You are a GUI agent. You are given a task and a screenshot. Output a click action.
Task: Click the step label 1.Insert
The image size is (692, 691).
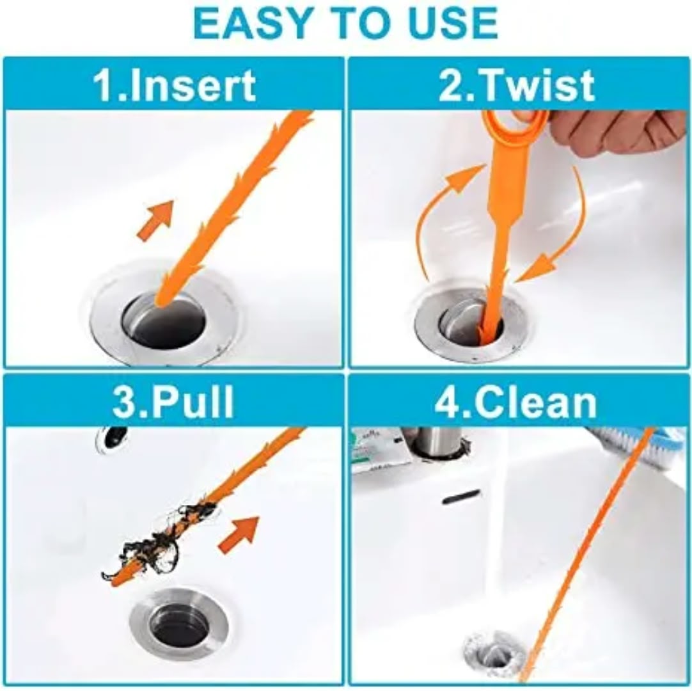tap(174, 85)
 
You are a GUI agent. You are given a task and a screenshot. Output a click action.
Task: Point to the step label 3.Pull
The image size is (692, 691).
tap(173, 402)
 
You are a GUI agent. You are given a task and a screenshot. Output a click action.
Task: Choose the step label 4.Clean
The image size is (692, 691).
tap(516, 402)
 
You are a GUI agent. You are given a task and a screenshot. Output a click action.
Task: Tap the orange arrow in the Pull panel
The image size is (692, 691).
tap(239, 534)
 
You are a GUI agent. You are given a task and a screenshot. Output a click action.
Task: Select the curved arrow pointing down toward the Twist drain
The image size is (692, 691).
tap(569, 230)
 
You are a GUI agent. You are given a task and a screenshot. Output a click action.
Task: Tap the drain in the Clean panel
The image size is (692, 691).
tap(495, 653)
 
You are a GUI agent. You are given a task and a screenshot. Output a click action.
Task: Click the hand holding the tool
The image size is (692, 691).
tap(618, 132)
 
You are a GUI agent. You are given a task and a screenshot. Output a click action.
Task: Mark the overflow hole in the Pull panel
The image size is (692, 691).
tap(112, 437)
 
